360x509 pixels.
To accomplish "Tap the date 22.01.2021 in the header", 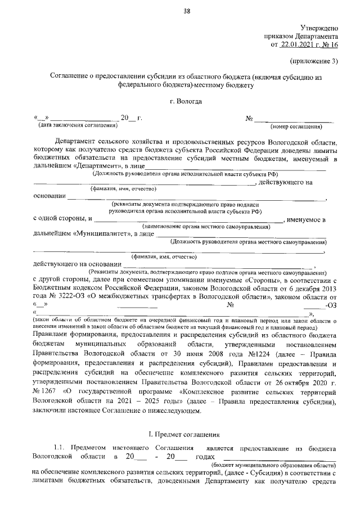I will [298, 44].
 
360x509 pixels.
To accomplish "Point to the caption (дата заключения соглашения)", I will [73, 125].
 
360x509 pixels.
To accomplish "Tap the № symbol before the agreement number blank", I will [249, 118].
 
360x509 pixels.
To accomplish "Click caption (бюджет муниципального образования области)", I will [273, 466].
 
